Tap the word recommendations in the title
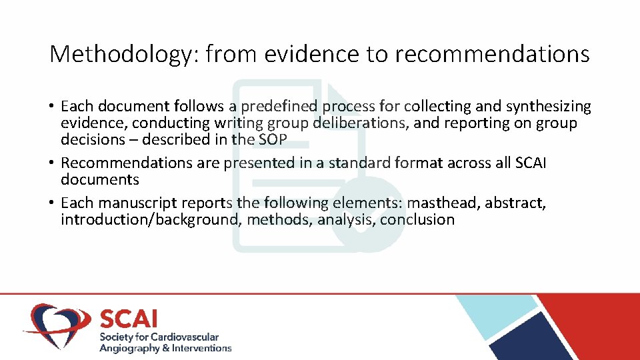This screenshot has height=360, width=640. pyautogui.click(x=492, y=54)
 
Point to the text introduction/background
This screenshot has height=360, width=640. pyautogui.click(x=149, y=220)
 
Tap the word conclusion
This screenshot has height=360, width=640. pyautogui.click(x=417, y=220)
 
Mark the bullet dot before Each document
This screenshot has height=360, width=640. pyautogui.click(x=51, y=107)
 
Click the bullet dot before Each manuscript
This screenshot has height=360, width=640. pyautogui.click(x=51, y=203)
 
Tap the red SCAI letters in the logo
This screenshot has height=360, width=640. pyautogui.click(x=128, y=319)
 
